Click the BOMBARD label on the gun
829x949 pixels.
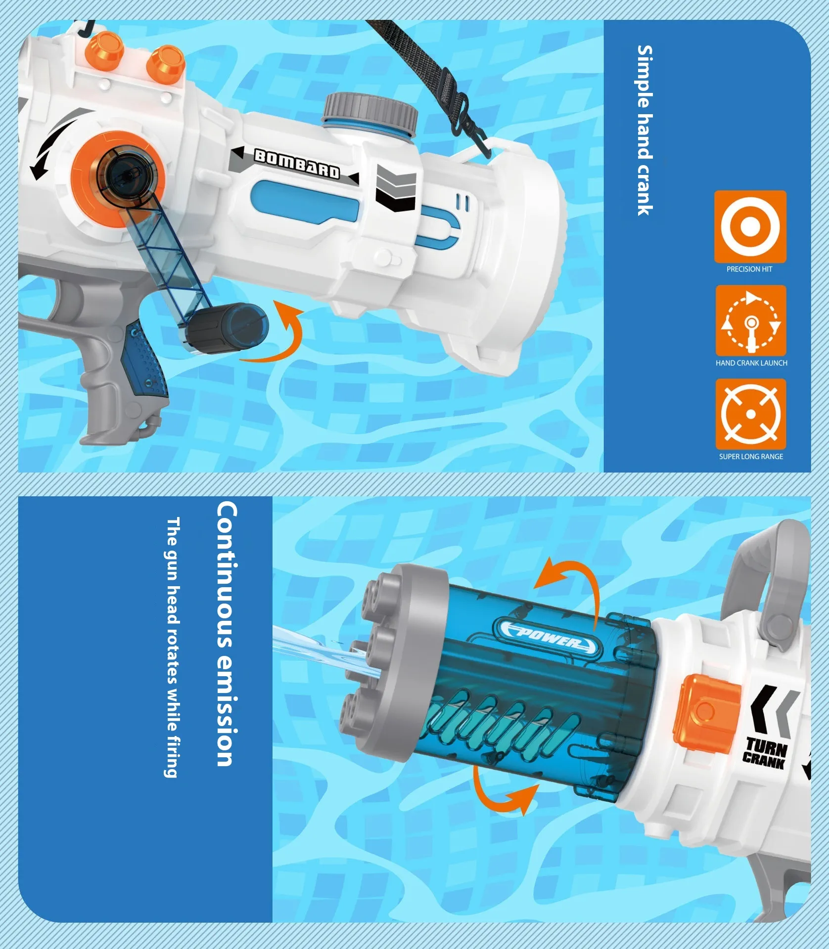coord(297,163)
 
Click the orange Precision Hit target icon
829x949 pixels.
coord(750,226)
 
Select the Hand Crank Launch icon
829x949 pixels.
coord(751,321)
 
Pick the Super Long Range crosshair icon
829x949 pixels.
coord(750,414)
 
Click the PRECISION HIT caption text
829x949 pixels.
coord(749,269)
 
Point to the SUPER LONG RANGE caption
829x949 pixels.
coord(751,457)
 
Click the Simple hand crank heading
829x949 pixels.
coord(645,130)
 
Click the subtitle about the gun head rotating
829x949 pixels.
coord(171,647)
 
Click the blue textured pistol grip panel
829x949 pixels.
coord(147,359)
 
